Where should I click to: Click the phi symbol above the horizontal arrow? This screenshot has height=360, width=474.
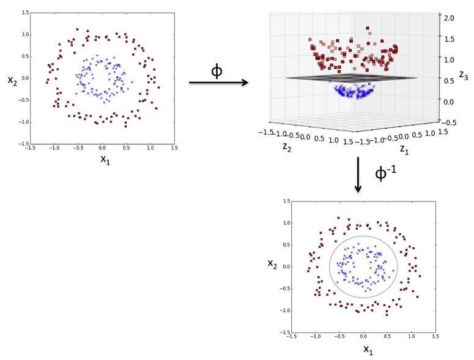point(217,72)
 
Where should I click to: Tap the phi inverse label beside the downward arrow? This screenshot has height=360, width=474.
point(385,173)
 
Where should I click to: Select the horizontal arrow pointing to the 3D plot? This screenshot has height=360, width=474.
point(218,82)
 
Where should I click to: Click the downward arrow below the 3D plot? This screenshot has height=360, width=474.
point(358,174)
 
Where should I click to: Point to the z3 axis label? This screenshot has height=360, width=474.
point(464,75)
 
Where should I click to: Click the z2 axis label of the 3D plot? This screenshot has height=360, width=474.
point(287,147)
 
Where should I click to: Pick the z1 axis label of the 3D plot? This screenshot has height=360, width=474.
point(404,149)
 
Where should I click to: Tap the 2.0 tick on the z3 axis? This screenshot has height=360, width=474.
point(449,18)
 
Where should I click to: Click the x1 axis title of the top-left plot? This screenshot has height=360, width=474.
point(105,159)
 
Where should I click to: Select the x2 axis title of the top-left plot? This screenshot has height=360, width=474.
point(12,81)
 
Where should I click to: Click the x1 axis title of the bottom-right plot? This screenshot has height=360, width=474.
point(368,350)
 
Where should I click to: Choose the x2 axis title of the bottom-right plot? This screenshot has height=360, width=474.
point(272,264)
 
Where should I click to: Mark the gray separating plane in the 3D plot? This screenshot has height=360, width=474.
point(351,78)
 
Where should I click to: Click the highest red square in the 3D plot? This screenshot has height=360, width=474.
point(368,28)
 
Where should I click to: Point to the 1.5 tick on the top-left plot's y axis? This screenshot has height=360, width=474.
point(26,13)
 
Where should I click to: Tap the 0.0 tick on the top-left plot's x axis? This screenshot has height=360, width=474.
point(102,148)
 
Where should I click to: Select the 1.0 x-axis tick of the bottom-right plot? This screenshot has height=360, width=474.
point(412,336)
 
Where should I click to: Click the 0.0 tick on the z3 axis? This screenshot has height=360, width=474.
point(448,102)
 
